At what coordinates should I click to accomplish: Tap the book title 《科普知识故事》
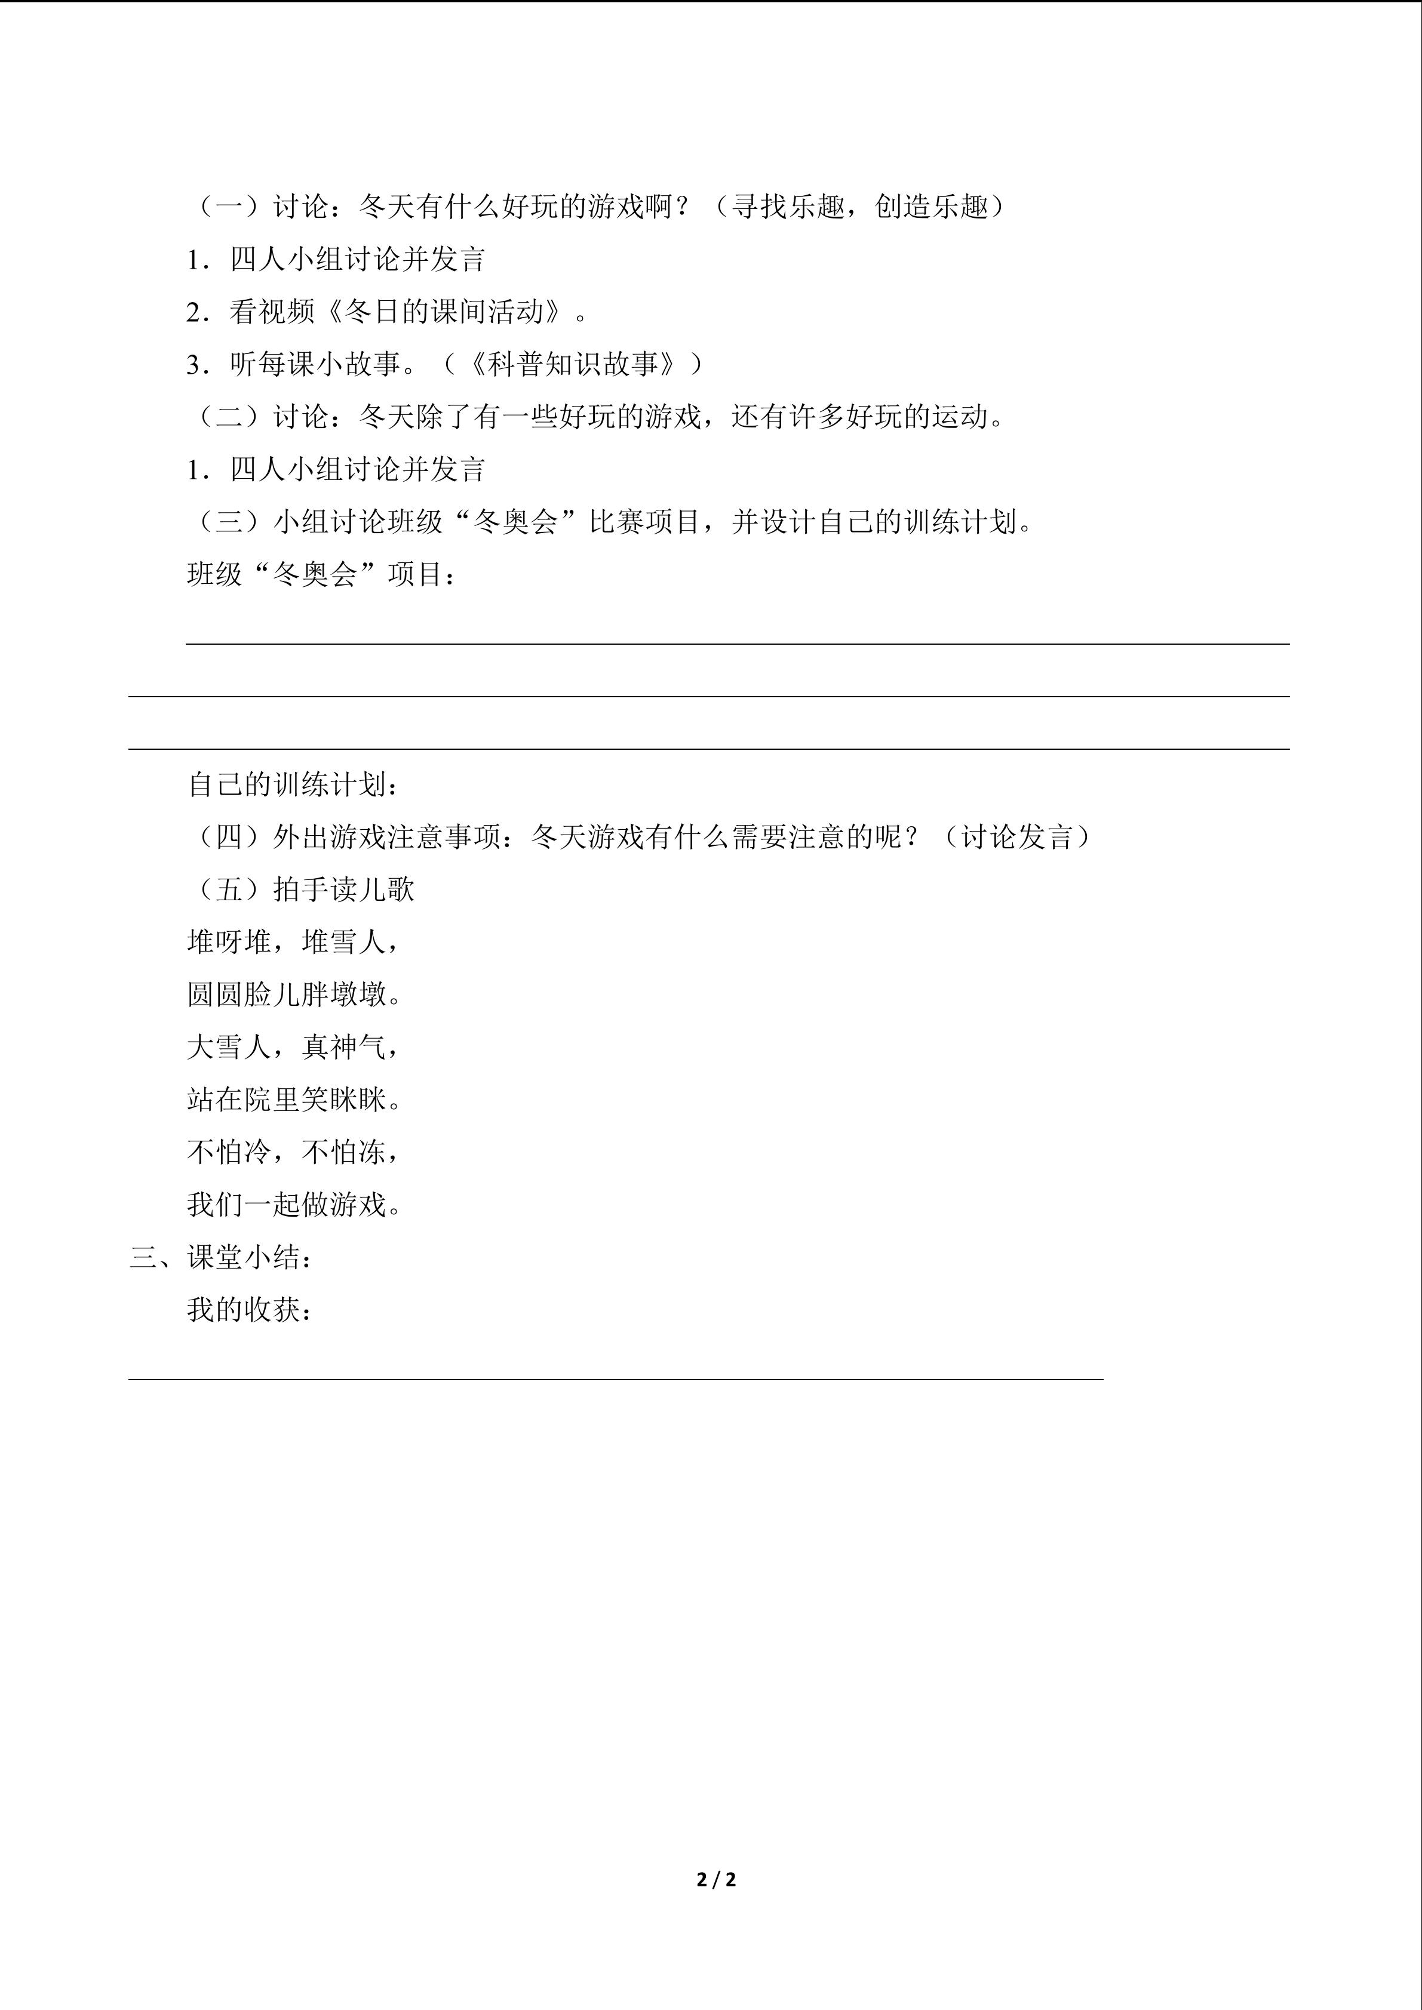click(573, 364)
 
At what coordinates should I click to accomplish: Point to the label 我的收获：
click(250, 1310)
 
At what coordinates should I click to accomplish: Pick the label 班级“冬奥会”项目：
click(321, 575)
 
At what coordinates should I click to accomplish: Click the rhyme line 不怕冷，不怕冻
click(293, 1152)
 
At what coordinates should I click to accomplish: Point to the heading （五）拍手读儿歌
click(300, 889)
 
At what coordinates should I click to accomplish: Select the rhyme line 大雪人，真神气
click(293, 1047)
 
